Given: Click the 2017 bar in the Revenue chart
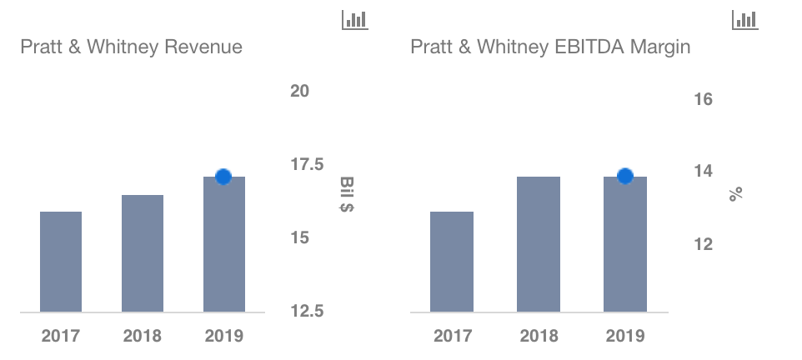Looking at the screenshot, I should coord(61,262).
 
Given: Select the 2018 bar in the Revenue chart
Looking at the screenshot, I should coord(143,253).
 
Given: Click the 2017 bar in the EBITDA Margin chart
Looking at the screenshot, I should coord(452,262).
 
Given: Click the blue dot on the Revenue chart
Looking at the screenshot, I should coord(223,177).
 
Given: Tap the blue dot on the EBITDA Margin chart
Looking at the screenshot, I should coord(625,176).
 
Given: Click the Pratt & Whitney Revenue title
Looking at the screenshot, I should coord(131,47).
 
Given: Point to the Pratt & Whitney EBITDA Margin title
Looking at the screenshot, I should coord(550,47).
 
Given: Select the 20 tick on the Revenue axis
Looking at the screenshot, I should coord(300,91).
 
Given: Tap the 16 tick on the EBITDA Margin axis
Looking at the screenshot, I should coord(704,100).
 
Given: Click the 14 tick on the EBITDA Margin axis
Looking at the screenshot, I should coord(704,171).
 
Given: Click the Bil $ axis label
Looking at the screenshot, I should coord(346,194).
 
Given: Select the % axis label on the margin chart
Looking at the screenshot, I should coord(735,194).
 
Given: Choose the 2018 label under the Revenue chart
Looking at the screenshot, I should coord(143,337).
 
